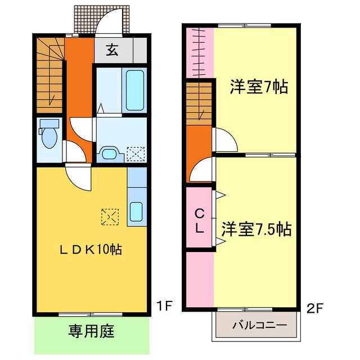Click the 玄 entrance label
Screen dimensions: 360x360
coord(111,51)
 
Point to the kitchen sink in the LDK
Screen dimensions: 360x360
coord(137,211)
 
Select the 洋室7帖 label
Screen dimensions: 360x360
coord(258,87)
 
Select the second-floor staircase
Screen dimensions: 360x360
coord(200,105)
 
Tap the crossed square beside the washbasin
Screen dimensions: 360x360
coord(135,154)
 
